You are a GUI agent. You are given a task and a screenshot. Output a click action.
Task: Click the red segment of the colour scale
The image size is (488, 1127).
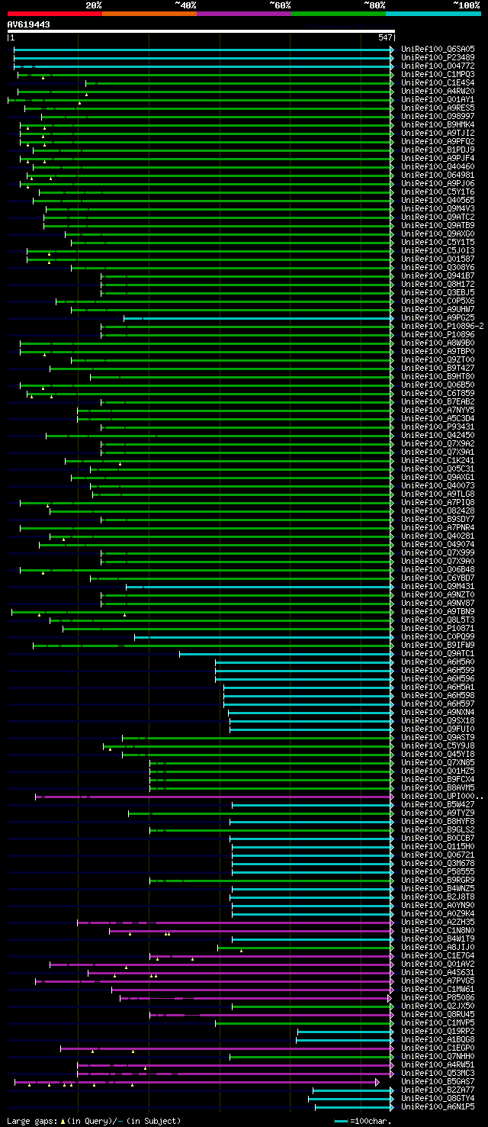coord(54,13)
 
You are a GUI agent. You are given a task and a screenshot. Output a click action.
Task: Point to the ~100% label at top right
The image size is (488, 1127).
coord(466,5)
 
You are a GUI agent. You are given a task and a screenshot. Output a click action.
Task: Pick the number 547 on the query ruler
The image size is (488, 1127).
coord(385,37)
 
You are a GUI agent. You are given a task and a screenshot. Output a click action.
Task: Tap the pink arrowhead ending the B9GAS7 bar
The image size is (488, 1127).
coord(377,1081)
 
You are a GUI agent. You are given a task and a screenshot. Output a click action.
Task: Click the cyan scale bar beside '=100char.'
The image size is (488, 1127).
coord(341,1121)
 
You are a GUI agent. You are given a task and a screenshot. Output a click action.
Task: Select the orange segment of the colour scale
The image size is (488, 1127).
coord(149,13)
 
